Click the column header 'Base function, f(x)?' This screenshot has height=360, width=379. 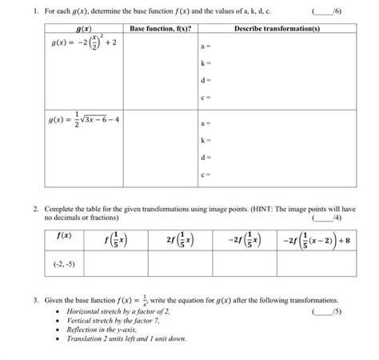[159, 29]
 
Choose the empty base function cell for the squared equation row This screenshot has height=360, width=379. [159, 72]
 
